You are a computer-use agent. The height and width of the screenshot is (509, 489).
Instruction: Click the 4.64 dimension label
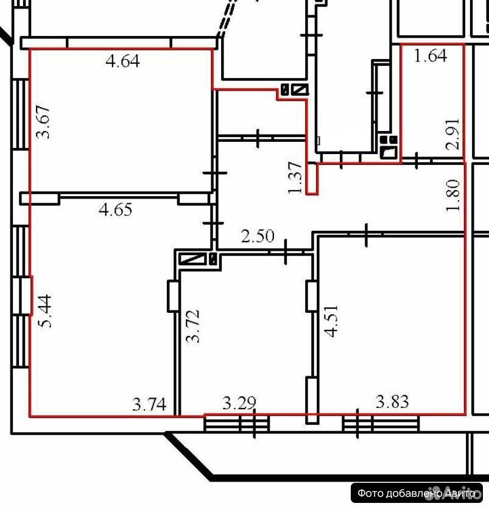point(123,61)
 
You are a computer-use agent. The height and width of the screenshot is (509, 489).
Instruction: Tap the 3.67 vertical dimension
point(43,122)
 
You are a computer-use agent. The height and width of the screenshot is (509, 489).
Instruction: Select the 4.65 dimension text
point(116,209)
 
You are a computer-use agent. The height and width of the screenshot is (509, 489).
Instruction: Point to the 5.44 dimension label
point(45,311)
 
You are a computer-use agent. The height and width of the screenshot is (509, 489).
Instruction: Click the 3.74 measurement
point(149,404)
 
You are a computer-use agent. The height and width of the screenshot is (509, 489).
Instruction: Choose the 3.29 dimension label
point(239,403)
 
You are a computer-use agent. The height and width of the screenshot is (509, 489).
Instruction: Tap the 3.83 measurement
point(392,402)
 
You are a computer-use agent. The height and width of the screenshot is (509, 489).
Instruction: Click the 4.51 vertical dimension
point(332,321)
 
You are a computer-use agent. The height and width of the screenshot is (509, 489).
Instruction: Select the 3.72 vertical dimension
point(192,326)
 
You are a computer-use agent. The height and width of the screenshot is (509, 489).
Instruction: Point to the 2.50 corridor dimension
point(258,236)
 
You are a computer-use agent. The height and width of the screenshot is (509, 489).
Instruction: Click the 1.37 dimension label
point(295,178)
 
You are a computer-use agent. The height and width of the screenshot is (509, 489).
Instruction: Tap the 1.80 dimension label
point(453,195)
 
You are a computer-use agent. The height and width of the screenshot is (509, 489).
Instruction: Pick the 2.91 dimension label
point(453,134)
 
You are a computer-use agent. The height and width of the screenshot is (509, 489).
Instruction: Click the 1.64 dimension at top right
point(431,55)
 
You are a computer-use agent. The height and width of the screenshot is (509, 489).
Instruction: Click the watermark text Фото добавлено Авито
point(417,493)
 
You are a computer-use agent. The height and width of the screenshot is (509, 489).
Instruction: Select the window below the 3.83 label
point(381,423)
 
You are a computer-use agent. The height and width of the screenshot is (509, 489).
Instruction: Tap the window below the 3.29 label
point(237,423)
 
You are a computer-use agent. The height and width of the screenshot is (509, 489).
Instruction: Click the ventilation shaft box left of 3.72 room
point(192,259)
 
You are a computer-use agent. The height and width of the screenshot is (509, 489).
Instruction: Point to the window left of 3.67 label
point(21,114)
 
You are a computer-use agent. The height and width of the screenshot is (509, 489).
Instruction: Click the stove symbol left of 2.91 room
point(389,148)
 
